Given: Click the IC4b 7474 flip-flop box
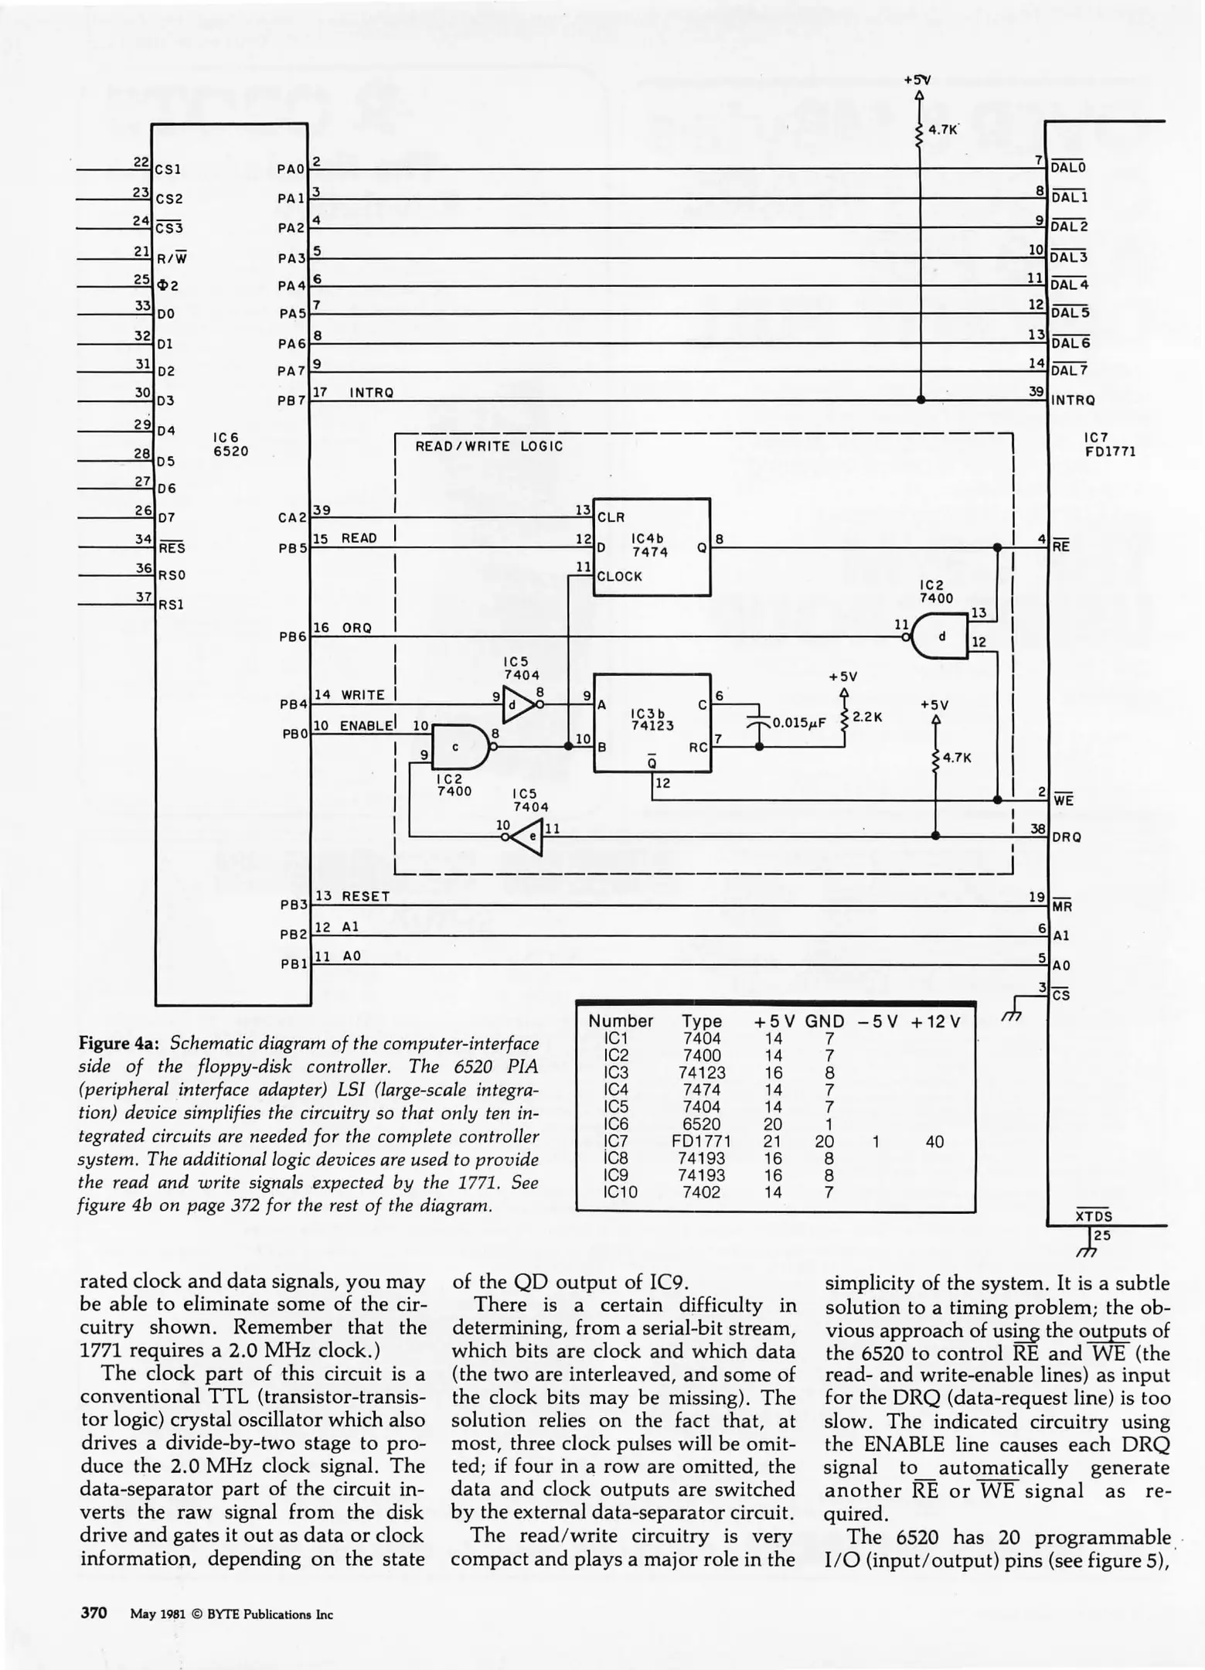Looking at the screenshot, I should [651, 547].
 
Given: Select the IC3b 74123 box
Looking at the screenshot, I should [651, 722].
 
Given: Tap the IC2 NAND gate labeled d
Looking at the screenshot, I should [941, 636].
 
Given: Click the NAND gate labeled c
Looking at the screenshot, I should [459, 747].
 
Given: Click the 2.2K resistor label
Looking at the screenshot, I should [867, 717].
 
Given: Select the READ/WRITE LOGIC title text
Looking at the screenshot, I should [489, 446].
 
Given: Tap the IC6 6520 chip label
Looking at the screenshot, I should [230, 445].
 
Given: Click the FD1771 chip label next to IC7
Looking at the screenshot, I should [1110, 452].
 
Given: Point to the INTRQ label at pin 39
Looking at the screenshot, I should [1073, 400].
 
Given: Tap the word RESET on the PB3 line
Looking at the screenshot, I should [366, 896].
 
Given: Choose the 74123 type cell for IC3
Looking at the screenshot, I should [701, 1072].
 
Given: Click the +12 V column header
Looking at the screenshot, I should [935, 1021].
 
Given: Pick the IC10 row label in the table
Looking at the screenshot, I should [620, 1192].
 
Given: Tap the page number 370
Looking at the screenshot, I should [93, 1614].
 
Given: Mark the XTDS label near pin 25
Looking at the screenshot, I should [1094, 1215].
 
